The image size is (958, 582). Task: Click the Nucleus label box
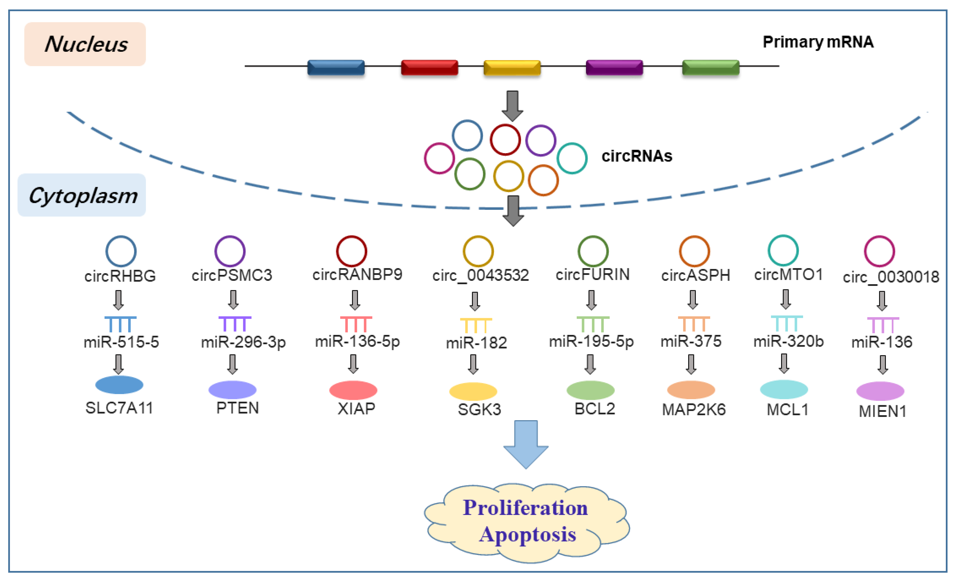pos(85,44)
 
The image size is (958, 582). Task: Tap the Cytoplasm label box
pos(82,195)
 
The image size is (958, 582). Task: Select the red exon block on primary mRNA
pos(429,67)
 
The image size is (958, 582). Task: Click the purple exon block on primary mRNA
pos(614,67)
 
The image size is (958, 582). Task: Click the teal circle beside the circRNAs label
pos(572,158)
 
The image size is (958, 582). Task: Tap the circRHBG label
pos(120,276)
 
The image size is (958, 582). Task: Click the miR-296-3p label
pos(243,342)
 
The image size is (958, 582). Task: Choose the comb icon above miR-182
pos(476,325)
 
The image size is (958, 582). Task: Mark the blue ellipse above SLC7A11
pos(119,385)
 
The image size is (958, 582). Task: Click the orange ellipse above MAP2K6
pos(691,390)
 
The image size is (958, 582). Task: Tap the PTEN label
pos(238,408)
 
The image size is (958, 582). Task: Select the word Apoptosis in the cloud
pos(527,534)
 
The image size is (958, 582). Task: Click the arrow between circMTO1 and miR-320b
pos(785,299)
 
